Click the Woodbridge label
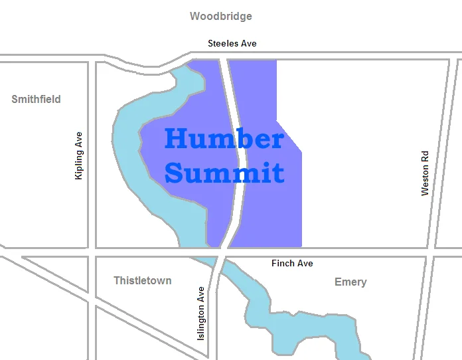pos(221,16)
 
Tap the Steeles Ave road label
pos(232,43)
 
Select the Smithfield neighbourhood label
pos(36,99)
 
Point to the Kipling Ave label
pos(79,155)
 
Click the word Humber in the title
pos(224,139)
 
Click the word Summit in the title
pos(224,173)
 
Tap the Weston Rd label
pos(425,173)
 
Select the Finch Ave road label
pos(292,264)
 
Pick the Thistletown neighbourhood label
pos(142,280)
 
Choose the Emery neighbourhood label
pos(350,282)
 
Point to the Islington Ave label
pos(201,314)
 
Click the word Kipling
pos(79,162)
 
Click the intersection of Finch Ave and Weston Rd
pos(430,252)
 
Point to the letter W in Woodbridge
pos(195,16)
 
